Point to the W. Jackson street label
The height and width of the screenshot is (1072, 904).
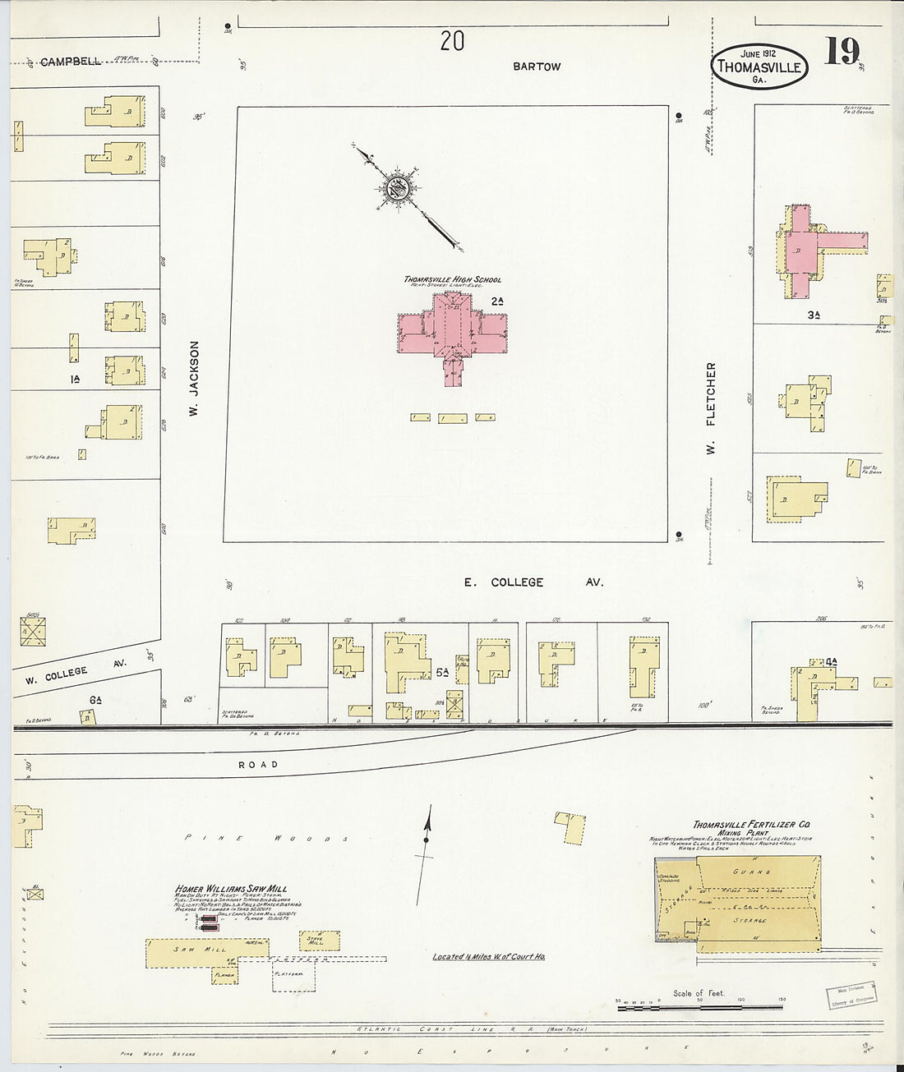[196, 380]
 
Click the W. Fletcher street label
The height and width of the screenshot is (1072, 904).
[712, 408]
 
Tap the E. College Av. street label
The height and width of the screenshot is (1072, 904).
[533, 582]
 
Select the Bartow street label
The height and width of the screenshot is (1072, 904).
[537, 67]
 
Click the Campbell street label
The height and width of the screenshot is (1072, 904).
[70, 62]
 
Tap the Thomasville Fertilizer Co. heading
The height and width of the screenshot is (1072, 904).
[752, 825]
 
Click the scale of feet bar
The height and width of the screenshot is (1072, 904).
[699, 1001]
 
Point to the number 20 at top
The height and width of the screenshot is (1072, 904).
[452, 41]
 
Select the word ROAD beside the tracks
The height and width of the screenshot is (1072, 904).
[258, 765]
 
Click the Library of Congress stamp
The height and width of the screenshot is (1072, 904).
[850, 993]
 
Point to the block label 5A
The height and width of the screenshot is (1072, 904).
[442, 673]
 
